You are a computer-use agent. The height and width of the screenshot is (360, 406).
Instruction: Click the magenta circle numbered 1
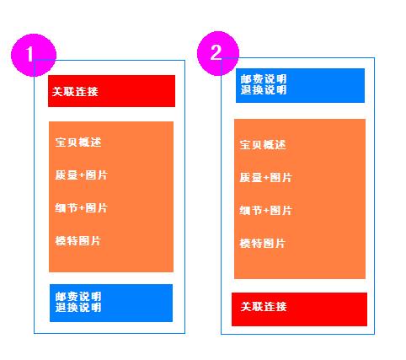click(x=34, y=55)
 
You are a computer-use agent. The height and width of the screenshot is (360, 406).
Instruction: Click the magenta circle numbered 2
click(x=218, y=53)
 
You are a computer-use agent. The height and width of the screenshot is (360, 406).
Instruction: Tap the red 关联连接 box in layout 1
click(x=111, y=91)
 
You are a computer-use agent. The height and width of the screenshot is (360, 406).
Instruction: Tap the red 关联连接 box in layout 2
click(x=299, y=309)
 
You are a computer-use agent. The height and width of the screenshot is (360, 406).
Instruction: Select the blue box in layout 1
click(x=111, y=303)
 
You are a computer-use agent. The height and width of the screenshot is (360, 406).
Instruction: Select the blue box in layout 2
click(x=300, y=85)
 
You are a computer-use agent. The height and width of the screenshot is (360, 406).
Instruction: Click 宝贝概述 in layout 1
click(x=78, y=142)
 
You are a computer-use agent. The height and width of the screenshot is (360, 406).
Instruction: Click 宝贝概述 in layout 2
click(x=263, y=144)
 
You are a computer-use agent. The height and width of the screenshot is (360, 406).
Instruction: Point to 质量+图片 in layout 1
click(x=81, y=175)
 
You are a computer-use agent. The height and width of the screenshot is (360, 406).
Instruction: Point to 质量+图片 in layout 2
click(x=265, y=177)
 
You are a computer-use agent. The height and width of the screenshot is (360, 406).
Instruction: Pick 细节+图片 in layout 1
click(x=81, y=208)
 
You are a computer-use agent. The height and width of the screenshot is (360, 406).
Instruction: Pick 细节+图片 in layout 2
click(x=265, y=210)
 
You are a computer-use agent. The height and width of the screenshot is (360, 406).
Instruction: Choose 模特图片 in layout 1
click(x=78, y=241)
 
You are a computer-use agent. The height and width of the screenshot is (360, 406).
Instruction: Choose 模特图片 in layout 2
click(x=263, y=243)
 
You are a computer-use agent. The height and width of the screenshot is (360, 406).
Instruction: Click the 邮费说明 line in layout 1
click(x=78, y=297)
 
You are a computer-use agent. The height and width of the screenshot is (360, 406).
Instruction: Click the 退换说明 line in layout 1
click(x=78, y=307)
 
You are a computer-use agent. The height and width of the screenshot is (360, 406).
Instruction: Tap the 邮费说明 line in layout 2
click(x=264, y=78)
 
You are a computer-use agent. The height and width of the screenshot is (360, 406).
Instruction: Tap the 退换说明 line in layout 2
click(x=264, y=89)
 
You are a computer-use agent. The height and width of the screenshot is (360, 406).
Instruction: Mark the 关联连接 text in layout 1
click(x=75, y=91)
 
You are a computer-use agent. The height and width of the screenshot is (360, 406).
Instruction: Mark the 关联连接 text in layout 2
click(x=264, y=306)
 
